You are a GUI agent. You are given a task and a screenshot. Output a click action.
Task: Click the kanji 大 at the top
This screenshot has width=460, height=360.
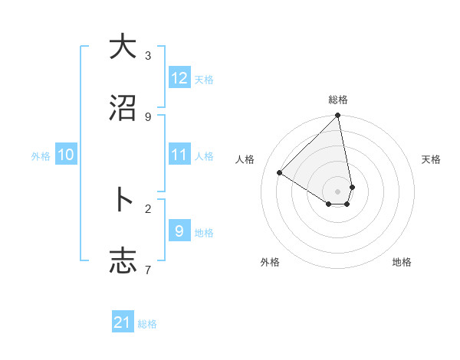(122, 47)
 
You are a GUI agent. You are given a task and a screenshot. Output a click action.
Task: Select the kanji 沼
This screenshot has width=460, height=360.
(122, 109)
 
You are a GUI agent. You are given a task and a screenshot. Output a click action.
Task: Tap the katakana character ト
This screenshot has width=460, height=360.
(122, 200)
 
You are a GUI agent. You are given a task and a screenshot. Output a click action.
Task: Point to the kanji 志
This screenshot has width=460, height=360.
(122, 261)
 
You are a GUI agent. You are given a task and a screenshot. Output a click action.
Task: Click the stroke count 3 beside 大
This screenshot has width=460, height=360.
(148, 56)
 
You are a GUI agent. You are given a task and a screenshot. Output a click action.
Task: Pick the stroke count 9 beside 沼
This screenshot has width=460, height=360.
(148, 117)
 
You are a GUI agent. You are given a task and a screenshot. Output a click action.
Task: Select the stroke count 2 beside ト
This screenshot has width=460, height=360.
(148, 208)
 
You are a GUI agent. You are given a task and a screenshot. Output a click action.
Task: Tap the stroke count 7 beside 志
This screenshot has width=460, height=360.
(148, 270)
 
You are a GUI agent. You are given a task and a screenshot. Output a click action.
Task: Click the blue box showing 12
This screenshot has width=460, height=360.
(179, 78)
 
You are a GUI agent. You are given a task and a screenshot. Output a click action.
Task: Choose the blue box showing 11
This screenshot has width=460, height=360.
(179, 155)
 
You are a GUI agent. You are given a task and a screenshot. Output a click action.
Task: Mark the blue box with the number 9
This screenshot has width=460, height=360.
(179, 231)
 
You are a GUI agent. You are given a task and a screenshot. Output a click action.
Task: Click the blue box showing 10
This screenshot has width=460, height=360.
(66, 155)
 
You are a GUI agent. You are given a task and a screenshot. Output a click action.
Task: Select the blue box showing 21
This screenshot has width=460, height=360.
(123, 322)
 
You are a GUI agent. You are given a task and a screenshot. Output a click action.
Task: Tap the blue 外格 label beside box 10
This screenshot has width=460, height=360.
(41, 156)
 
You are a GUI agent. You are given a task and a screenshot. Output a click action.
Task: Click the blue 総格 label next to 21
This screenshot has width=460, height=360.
(147, 324)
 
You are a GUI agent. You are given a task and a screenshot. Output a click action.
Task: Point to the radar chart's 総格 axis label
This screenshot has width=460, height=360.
(338, 100)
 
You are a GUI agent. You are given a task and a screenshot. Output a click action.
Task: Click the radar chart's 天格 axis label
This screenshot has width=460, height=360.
(431, 159)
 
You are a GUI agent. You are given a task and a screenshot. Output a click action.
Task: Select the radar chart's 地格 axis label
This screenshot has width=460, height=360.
(402, 262)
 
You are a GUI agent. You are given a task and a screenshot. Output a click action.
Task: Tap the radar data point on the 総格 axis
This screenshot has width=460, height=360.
(337, 116)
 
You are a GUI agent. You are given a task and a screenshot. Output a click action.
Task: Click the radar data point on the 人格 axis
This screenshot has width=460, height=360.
(280, 173)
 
